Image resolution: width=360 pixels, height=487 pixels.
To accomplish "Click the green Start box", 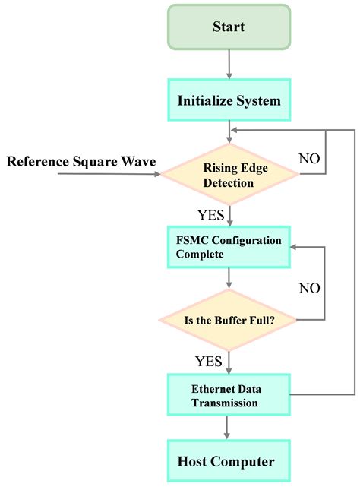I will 228,28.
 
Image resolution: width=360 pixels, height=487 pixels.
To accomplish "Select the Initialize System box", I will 228,100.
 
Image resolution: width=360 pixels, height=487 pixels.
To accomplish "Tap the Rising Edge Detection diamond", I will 229,175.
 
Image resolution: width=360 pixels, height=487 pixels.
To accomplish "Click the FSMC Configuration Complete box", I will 229,247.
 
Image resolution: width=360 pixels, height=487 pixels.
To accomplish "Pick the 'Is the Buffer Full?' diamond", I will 229,319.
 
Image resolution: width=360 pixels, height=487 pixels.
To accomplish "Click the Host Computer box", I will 228,461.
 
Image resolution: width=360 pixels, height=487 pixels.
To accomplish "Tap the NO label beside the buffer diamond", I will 310,288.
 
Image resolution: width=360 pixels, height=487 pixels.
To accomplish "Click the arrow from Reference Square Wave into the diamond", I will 106,175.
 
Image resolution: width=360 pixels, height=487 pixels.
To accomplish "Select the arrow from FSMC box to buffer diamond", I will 229,278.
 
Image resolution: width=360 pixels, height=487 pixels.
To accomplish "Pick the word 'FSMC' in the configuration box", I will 190,240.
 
